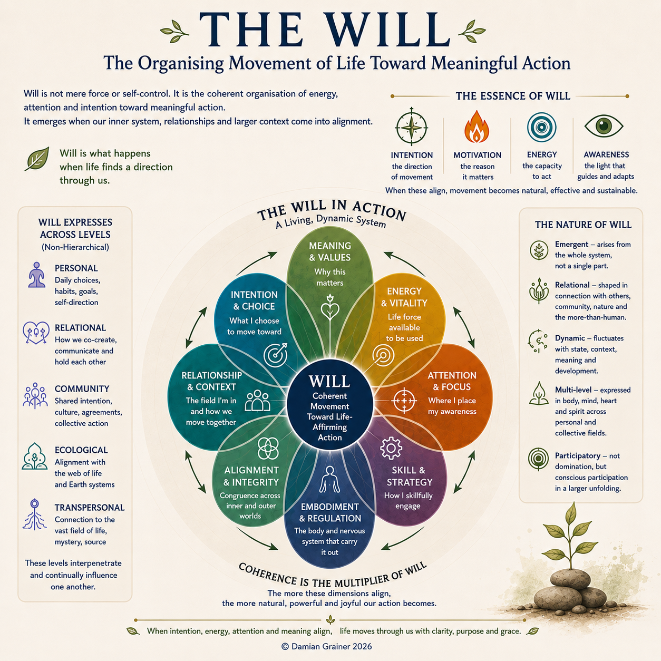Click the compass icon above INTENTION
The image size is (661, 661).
click(x=411, y=127)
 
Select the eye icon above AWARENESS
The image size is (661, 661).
click(x=604, y=126)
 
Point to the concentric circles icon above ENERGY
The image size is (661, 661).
click(x=542, y=127)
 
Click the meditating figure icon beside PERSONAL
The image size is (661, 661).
click(x=37, y=275)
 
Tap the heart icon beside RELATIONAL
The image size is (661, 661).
click(x=36, y=333)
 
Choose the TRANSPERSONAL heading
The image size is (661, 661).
click(x=90, y=507)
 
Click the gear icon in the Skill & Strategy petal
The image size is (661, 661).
click(x=391, y=448)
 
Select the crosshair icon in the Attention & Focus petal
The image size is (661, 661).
click(x=404, y=400)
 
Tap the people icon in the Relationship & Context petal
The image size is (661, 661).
click(x=257, y=400)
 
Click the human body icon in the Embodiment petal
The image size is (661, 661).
click(x=329, y=480)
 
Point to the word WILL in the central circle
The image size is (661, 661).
click(x=329, y=381)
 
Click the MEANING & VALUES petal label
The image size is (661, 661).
click(x=329, y=251)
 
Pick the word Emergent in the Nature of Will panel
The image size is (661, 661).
click(x=571, y=244)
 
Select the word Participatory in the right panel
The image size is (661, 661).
click(x=578, y=455)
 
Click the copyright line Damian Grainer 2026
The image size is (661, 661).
click(x=327, y=646)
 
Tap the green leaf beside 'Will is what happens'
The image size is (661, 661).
click(x=37, y=159)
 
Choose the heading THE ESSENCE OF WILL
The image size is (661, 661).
click(x=513, y=96)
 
